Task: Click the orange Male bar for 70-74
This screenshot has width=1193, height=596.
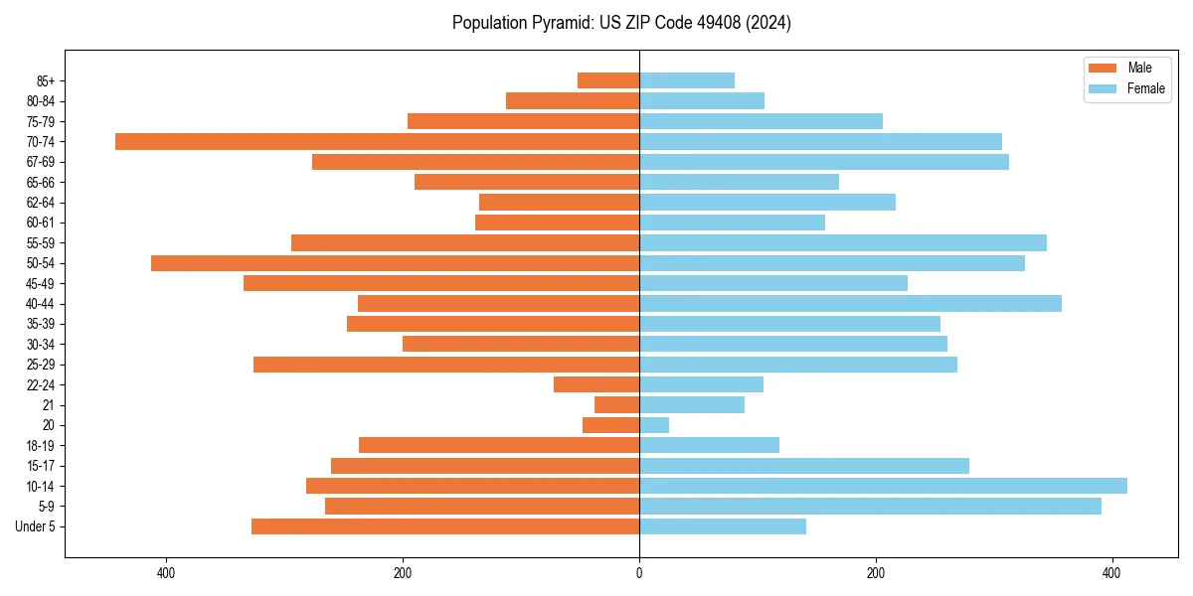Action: pyautogui.click(x=377, y=141)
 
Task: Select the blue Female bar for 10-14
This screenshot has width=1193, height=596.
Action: pyautogui.click(x=883, y=486)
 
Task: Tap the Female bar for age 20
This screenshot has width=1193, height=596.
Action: pyautogui.click(x=654, y=425)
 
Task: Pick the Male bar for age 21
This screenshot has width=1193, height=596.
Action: pyautogui.click(x=616, y=404)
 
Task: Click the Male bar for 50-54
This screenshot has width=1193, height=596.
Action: pyautogui.click(x=395, y=263)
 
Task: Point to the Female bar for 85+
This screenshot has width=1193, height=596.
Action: pyautogui.click(x=687, y=80)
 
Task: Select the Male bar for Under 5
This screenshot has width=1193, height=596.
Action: pyautogui.click(x=445, y=526)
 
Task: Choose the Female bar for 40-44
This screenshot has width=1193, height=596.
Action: pyautogui.click(x=850, y=303)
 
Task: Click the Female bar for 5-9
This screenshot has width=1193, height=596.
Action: pyautogui.click(x=870, y=506)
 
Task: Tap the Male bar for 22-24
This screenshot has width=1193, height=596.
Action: pyautogui.click(x=596, y=384)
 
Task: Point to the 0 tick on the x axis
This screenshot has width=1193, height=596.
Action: pyautogui.click(x=639, y=573)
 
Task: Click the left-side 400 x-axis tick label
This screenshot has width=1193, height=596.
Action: pyautogui.click(x=166, y=573)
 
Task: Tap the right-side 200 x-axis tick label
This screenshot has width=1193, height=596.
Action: pyautogui.click(x=876, y=573)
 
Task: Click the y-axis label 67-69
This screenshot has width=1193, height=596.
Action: pyautogui.click(x=41, y=162)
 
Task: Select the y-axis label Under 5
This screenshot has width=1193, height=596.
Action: pyautogui.click(x=36, y=526)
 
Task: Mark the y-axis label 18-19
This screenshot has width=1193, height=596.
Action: pyautogui.click(x=41, y=445)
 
